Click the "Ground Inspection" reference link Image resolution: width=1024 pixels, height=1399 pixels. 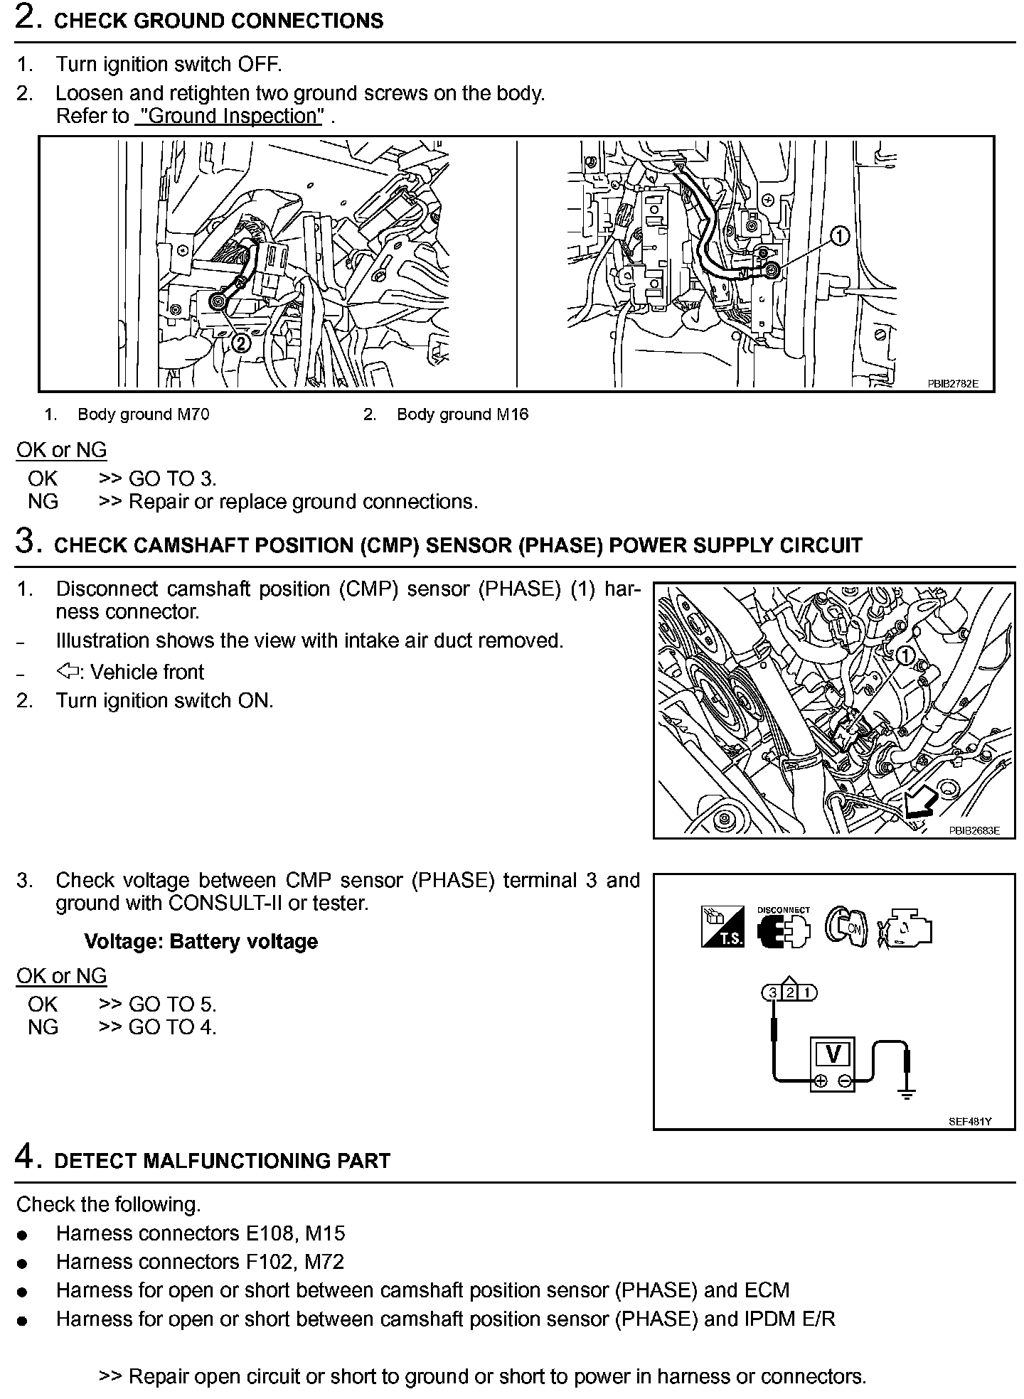pos(229,116)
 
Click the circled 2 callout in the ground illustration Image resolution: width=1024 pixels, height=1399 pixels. pos(242,343)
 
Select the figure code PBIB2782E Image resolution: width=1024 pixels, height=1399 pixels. pos(952,383)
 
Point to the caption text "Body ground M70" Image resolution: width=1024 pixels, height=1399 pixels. pos(143,414)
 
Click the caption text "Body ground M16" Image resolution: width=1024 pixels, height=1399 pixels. pos(462,414)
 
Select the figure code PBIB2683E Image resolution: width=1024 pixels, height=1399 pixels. pos(974,830)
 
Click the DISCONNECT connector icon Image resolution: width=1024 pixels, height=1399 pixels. pos(784,931)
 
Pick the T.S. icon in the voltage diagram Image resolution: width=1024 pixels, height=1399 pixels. pos(722,927)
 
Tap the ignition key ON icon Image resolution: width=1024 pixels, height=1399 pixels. pos(846,927)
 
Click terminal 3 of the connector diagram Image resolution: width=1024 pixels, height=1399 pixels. pos(772,992)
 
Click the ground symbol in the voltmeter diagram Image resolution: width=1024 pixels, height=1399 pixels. pos(907,1095)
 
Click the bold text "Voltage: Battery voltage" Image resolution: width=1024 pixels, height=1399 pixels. pos(201,942)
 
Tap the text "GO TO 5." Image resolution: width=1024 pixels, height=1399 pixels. pos(172,1004)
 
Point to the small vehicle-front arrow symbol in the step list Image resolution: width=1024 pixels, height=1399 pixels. pos(68,671)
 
